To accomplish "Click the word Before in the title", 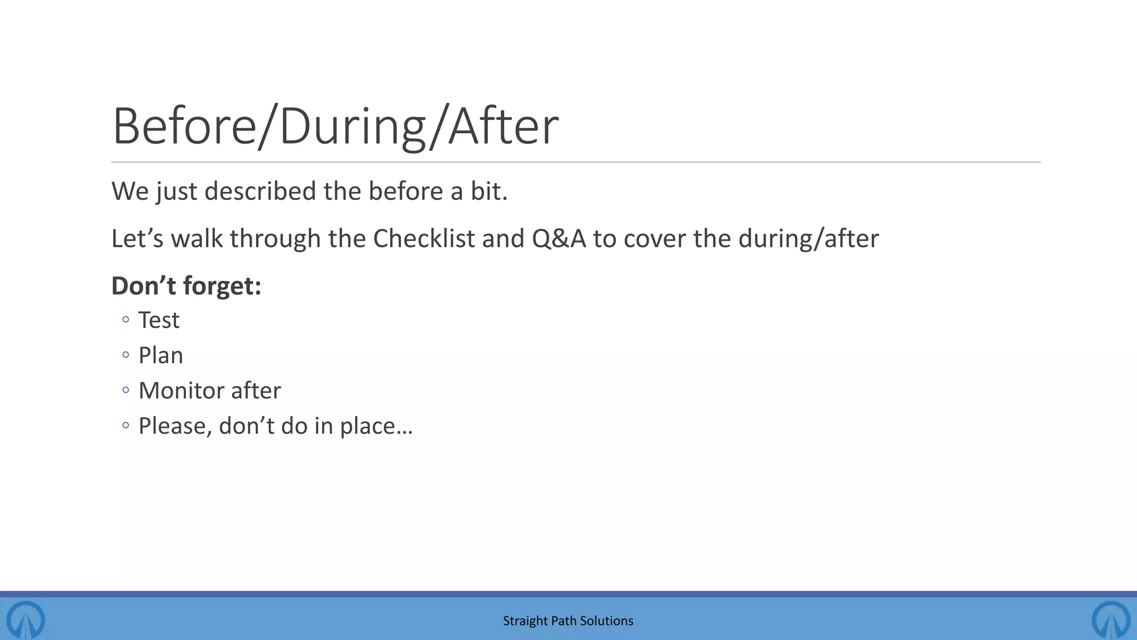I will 184,127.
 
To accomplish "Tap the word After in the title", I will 503,127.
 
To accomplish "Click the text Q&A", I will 559,239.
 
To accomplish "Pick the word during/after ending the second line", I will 808,239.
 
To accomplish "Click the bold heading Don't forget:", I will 186,286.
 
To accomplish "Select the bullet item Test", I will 159,321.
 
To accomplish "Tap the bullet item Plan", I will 160,356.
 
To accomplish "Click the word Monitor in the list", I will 180,391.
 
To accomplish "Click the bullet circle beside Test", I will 125,319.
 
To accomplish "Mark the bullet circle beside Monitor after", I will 125,391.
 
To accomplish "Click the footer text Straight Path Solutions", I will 568,621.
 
